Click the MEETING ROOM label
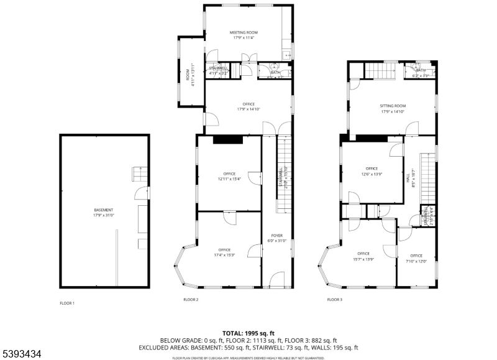[x=244, y=35]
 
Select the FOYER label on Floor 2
[x=276, y=238]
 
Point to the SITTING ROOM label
[x=393, y=108]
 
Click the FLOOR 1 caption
[x=66, y=303]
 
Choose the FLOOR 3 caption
[x=335, y=300]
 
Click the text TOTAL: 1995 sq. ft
[x=248, y=333]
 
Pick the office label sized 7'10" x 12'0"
[x=416, y=258]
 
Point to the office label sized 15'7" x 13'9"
[x=363, y=256]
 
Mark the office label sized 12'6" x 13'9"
[x=372, y=171]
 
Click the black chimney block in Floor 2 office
[x=227, y=140]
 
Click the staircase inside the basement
[x=140, y=173]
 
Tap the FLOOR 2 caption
[x=191, y=300]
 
